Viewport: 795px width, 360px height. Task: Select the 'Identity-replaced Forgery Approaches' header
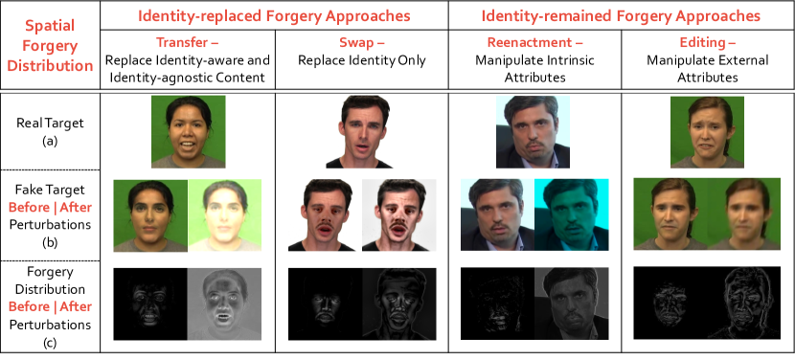tap(273, 15)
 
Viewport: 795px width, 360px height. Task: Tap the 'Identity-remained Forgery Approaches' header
tap(621, 15)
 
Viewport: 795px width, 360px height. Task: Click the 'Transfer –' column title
tap(188, 42)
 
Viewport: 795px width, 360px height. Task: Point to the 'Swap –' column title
tap(361, 42)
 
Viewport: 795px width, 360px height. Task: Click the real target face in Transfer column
tap(188, 131)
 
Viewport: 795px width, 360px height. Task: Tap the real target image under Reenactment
tap(533, 131)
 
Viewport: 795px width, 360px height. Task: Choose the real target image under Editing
tap(707, 131)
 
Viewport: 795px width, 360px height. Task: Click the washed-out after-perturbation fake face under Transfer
tap(225, 216)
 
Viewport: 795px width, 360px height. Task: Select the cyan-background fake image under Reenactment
tap(570, 216)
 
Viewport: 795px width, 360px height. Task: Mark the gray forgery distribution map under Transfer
tap(225, 303)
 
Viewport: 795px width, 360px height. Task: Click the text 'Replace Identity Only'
tap(361, 59)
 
